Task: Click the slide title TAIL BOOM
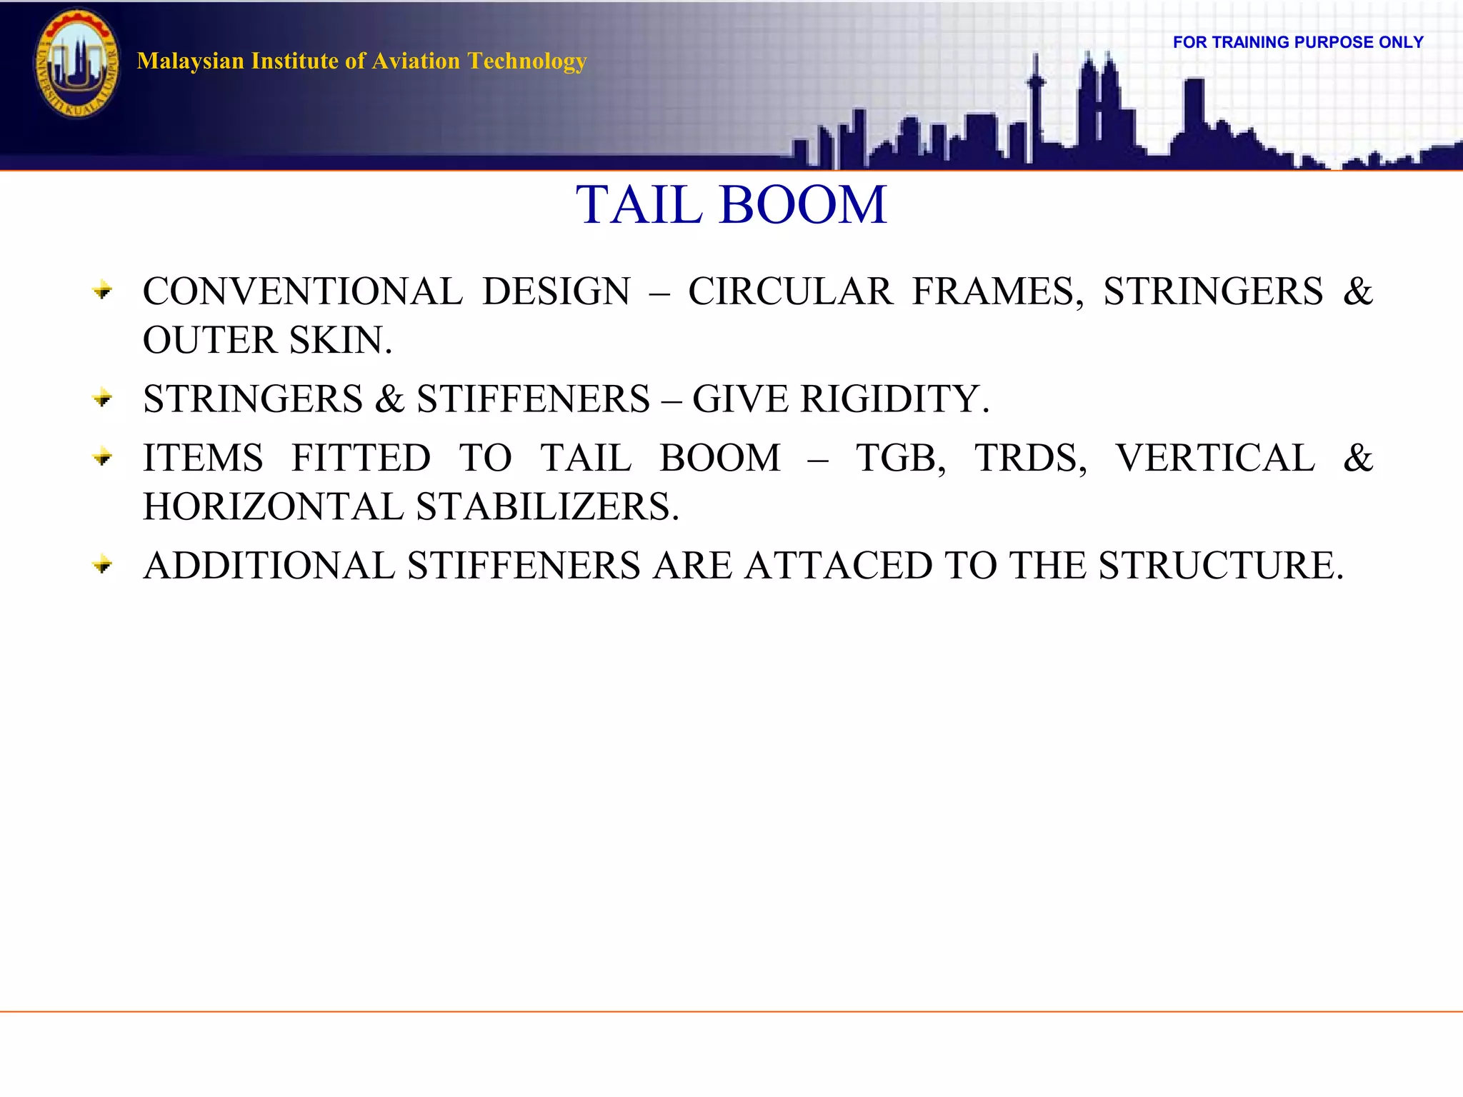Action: [731, 205]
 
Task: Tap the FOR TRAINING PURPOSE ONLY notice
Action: [1298, 42]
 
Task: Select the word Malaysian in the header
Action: [191, 61]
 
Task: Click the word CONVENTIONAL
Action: [302, 291]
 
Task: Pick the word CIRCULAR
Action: [790, 291]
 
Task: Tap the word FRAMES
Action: [997, 291]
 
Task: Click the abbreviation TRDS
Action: [1030, 458]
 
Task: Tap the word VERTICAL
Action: [1215, 458]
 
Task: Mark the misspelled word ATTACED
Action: [839, 566]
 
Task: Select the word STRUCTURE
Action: [1221, 566]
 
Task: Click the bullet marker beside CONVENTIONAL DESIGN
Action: [103, 291]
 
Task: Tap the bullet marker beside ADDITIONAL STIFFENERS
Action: [103, 566]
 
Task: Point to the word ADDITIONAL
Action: [269, 566]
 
